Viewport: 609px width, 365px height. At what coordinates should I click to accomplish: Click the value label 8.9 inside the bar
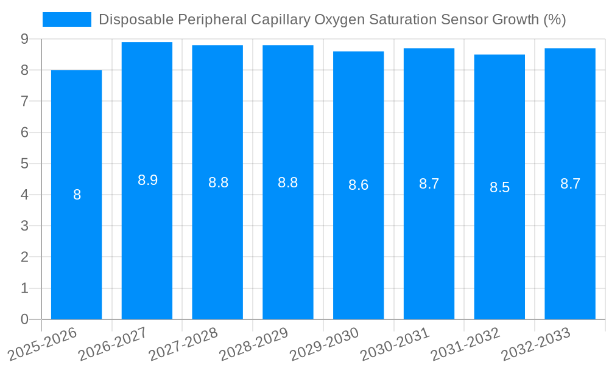[x=147, y=180]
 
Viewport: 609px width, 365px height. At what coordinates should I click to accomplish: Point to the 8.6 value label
[x=358, y=186]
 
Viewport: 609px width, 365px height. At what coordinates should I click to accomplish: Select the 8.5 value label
[x=499, y=187]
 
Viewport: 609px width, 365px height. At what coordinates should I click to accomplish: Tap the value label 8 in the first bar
[x=77, y=195]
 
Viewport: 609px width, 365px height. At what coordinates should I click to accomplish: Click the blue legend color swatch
[x=66, y=19]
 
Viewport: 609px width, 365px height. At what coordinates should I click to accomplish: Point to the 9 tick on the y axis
[x=24, y=39]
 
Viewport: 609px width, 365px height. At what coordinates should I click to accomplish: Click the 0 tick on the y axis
[x=24, y=319]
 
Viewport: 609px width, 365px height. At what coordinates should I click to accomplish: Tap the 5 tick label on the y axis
[x=24, y=164]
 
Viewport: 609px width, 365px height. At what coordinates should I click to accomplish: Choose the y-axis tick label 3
[x=24, y=226]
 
